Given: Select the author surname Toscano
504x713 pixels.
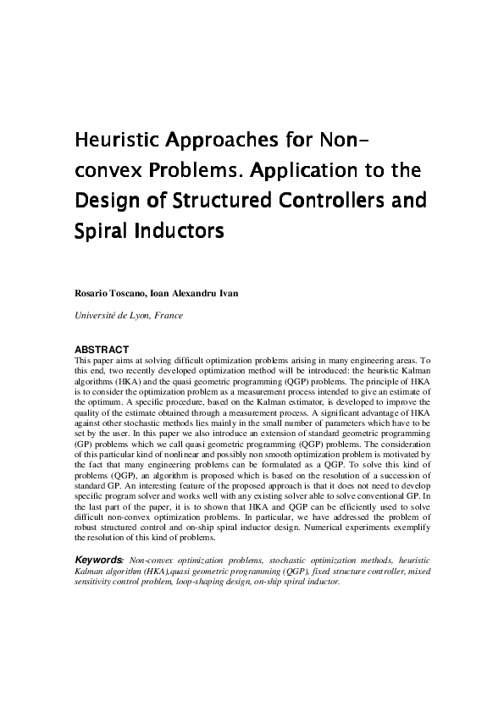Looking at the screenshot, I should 127,293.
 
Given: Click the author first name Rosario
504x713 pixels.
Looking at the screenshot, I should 91,293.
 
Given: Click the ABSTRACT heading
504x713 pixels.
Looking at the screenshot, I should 102,349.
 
